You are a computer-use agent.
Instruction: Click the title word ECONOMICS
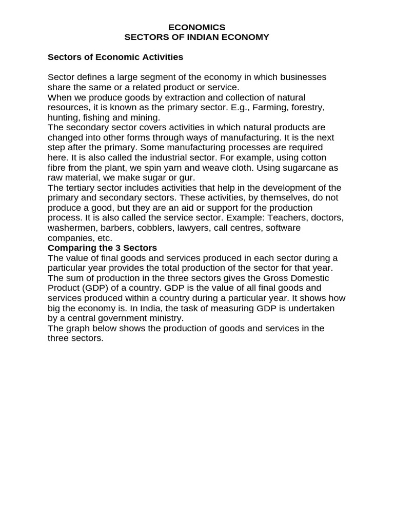(x=197, y=27)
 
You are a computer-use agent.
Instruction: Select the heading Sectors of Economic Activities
(x=115, y=57)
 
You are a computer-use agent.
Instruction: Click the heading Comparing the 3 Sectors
(x=102, y=248)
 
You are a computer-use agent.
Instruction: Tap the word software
(x=282, y=228)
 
